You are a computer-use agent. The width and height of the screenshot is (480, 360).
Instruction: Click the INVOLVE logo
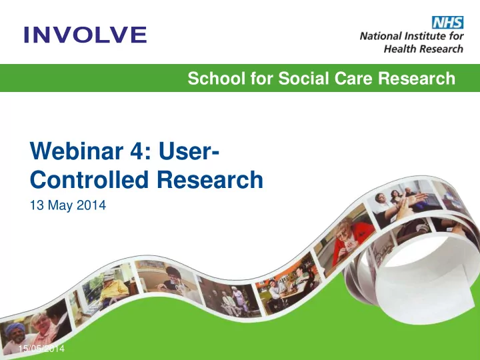tap(85, 35)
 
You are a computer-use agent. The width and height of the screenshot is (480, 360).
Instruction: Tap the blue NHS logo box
tap(447, 23)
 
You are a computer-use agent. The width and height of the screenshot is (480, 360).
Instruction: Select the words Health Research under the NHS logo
tap(423, 49)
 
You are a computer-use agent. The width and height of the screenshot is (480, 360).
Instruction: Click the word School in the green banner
tap(217, 78)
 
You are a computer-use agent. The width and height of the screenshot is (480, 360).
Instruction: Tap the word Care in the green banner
tap(353, 78)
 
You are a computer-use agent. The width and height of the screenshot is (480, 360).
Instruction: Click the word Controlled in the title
tap(89, 179)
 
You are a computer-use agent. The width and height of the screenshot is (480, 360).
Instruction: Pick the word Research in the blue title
tap(210, 179)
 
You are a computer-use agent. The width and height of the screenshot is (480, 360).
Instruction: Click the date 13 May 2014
tap(68, 205)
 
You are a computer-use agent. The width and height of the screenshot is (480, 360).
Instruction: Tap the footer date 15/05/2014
tap(41, 349)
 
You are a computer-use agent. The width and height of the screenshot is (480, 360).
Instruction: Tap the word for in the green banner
tap(262, 78)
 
